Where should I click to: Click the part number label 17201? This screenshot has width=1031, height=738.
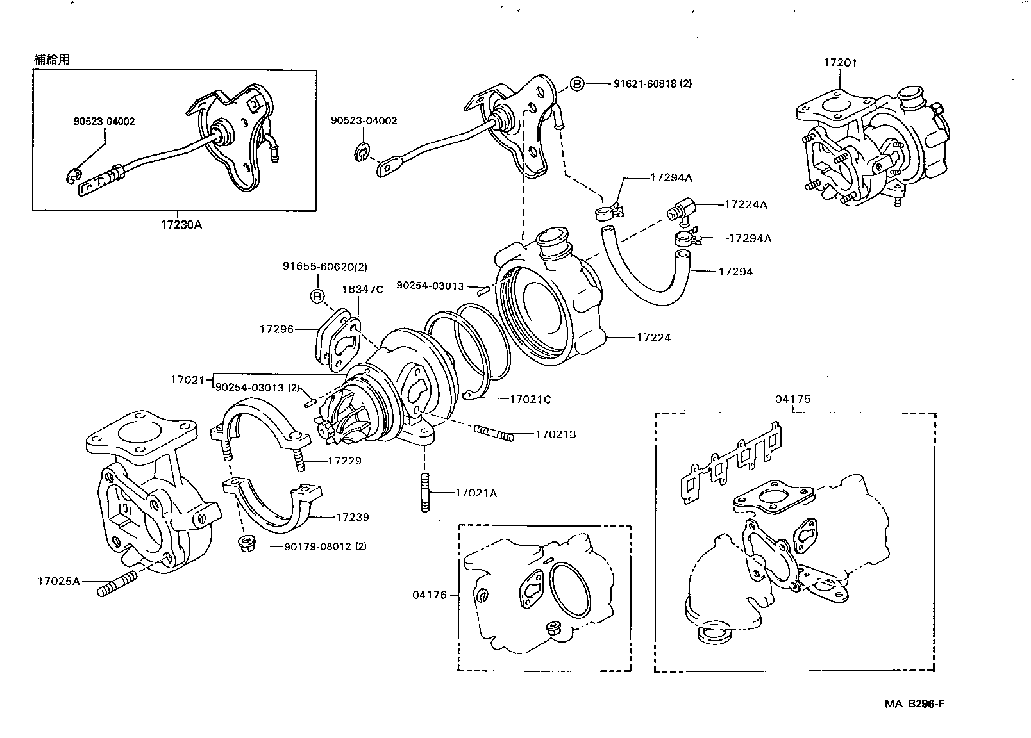coord(840,63)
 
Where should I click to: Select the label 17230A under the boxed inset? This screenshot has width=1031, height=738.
coord(181,224)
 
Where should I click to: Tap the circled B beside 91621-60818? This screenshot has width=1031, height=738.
coord(577,84)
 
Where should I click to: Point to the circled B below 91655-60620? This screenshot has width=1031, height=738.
coord(317,296)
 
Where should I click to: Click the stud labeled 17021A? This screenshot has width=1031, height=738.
coord(424,493)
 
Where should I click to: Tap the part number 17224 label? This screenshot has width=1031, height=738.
coord(653,337)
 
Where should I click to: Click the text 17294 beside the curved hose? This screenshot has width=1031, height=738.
coord(735,271)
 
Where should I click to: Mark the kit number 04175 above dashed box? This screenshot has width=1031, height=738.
coord(792,398)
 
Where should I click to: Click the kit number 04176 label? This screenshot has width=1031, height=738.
coord(430,595)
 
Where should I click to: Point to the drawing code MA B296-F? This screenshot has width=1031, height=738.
coord(915,703)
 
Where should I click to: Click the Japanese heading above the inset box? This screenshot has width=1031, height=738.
coord(51,59)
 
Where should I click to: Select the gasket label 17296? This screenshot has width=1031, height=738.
coord(276,329)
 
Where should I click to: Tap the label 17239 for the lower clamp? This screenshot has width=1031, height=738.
coord(352,517)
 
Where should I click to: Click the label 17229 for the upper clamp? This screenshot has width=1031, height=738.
coord(344,461)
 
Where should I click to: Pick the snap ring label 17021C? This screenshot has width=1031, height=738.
coord(530,399)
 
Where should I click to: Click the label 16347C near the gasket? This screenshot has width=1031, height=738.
coord(362,290)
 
